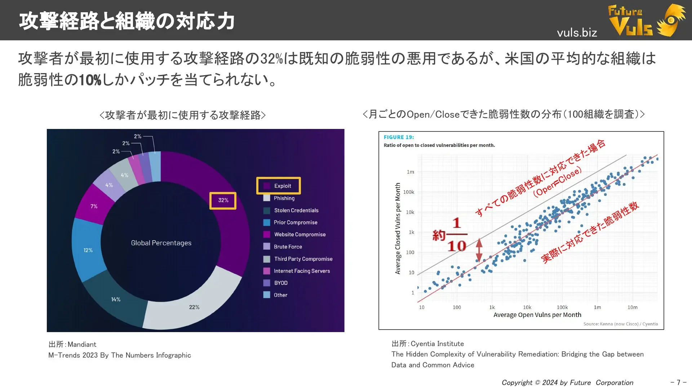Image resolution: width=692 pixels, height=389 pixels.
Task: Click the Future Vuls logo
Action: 647,20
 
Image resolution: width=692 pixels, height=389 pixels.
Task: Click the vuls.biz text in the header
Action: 577,33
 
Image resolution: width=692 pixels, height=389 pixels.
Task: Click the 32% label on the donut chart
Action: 223,200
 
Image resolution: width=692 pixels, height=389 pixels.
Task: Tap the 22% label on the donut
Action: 194,307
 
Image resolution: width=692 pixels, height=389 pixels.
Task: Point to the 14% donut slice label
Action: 116,299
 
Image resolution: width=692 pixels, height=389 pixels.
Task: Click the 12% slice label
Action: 88,250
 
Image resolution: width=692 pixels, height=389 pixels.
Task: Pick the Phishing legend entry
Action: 279,198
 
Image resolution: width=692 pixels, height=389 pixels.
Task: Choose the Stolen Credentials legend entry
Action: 291,210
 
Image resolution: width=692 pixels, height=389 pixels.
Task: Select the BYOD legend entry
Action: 275,283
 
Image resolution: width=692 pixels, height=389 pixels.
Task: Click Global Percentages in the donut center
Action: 161,243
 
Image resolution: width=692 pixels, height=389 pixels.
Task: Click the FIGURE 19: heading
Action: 399,137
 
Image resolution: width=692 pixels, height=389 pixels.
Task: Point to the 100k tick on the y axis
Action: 409,192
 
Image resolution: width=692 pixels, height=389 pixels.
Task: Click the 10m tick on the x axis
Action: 633,307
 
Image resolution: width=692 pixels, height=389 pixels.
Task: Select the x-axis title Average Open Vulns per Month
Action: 537,315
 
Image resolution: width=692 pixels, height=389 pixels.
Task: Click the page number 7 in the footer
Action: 678,382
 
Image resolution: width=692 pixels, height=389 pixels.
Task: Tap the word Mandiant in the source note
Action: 82,344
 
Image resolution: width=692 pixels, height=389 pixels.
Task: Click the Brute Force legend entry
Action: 283,247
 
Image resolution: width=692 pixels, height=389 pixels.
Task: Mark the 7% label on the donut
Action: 94,206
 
